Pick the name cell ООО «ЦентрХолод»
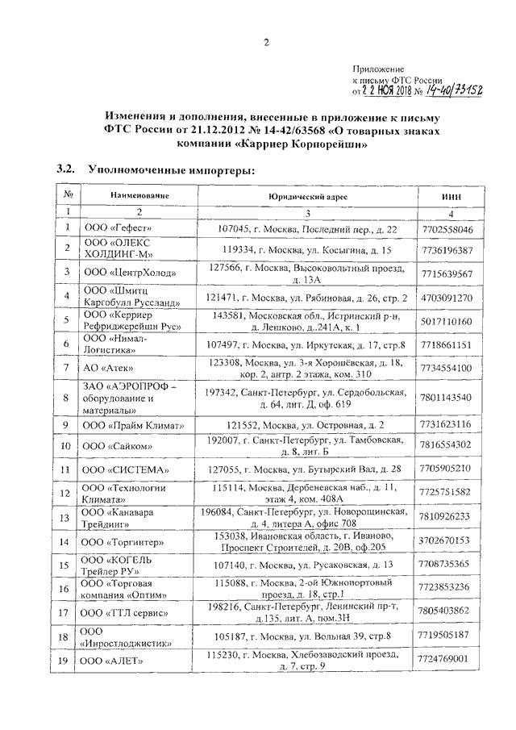tap(127, 273)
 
